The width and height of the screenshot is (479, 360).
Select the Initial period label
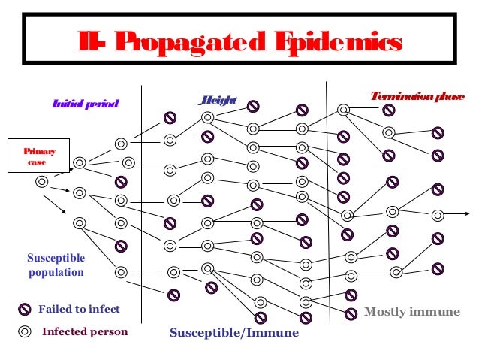click(x=85, y=104)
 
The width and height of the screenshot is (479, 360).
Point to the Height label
click(x=218, y=101)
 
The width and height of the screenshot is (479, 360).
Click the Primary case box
click(x=38, y=156)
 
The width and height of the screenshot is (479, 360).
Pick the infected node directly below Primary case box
click(x=42, y=182)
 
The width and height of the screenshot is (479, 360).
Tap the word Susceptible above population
click(x=56, y=259)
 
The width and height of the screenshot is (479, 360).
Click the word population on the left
click(x=56, y=272)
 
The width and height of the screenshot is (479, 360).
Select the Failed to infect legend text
click(x=79, y=309)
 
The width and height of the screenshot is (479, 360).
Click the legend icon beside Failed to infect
click(x=25, y=310)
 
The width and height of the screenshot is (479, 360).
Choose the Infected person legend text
click(x=85, y=331)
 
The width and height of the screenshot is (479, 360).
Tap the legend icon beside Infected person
click(x=25, y=332)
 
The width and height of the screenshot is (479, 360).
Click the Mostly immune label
click(x=411, y=311)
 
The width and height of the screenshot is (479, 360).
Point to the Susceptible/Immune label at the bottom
click(x=233, y=332)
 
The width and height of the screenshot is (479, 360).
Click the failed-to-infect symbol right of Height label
click(x=254, y=105)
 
